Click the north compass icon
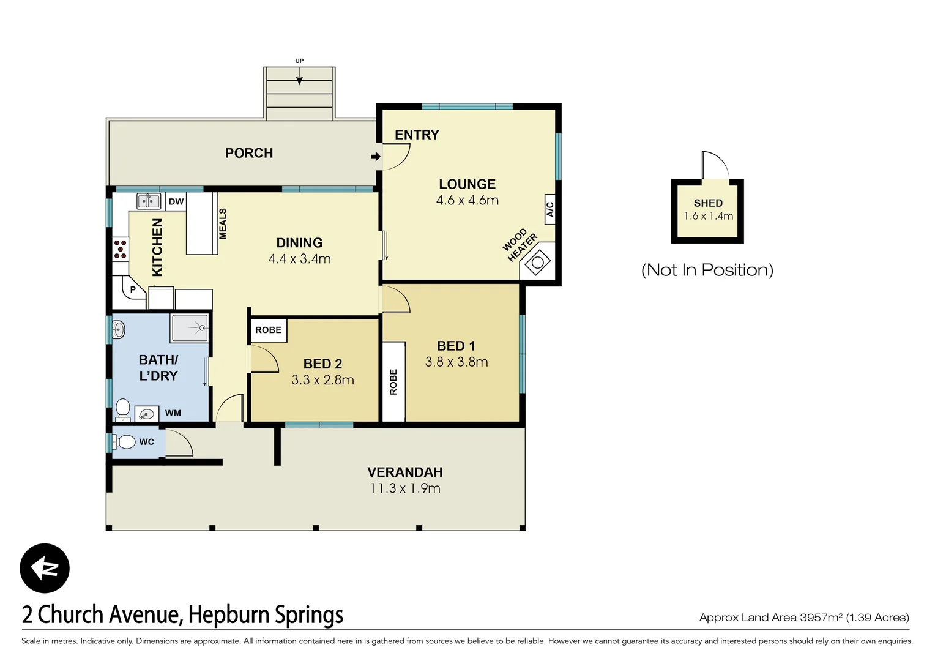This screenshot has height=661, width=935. (45, 568)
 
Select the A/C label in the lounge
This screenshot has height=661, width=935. (549, 209)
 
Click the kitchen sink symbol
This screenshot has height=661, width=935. (148, 201)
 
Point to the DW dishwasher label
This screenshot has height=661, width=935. (176, 201)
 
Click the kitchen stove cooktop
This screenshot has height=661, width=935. (121, 249)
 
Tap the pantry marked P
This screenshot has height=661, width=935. (133, 289)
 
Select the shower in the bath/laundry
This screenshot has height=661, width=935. (190, 328)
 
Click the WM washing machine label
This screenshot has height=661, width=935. (173, 413)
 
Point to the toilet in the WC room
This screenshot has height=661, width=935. (125, 441)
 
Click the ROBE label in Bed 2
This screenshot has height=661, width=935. (268, 330)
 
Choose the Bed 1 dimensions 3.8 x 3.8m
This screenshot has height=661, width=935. (456, 362)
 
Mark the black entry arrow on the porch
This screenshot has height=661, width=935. (375, 157)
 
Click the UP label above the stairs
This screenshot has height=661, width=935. (299, 61)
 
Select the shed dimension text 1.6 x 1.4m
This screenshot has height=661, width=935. (708, 216)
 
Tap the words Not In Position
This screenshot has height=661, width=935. (707, 270)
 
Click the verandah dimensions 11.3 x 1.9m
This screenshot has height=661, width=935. (405, 488)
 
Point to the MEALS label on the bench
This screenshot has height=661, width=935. (223, 223)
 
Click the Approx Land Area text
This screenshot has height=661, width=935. (803, 617)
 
